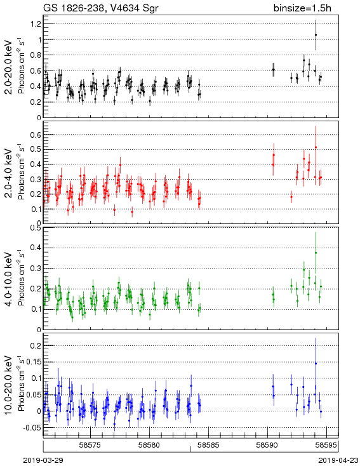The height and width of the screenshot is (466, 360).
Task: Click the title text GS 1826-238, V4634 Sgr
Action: click(101, 8)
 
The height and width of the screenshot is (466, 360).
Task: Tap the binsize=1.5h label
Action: click(302, 8)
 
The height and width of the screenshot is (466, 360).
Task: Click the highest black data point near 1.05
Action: click(316, 35)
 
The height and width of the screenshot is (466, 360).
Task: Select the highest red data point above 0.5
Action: click(316, 147)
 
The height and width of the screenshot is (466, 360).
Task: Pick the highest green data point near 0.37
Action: click(316, 253)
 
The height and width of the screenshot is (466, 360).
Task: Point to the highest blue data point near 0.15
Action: click(316, 364)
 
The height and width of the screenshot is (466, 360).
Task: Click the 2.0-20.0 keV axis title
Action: click(9, 67)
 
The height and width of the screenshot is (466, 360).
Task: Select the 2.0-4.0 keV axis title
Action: click(9, 173)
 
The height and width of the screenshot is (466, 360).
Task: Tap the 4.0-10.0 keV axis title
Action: click(9, 279)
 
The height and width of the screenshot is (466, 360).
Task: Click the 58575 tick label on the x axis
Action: click(91, 445)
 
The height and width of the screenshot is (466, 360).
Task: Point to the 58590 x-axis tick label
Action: click(267, 445)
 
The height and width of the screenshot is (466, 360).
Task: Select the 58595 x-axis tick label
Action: click(326, 445)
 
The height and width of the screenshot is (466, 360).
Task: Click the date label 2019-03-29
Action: click(43, 460)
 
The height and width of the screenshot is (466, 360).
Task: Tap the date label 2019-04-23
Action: click(338, 460)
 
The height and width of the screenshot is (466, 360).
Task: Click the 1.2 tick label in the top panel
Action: click(36, 24)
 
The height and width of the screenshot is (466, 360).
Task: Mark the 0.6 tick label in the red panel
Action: click(36, 135)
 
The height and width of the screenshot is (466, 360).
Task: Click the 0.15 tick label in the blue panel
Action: click(34, 362)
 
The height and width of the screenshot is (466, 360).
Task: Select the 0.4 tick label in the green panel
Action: click(36, 248)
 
